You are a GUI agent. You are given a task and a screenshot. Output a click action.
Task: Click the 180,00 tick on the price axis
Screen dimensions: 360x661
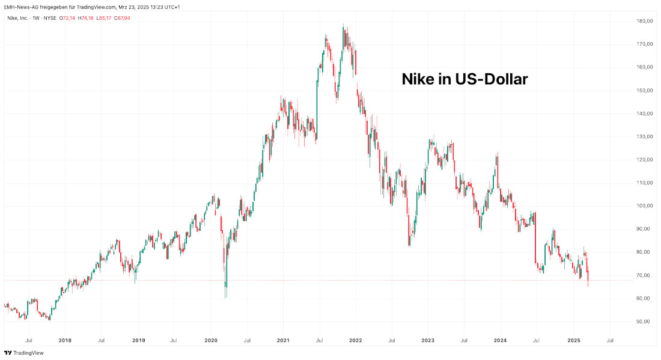(x=646, y=21)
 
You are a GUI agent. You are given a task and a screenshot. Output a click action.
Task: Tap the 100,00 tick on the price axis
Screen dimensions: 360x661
(x=646, y=206)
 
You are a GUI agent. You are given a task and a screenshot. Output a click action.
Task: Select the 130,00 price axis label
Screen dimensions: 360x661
(x=646, y=136)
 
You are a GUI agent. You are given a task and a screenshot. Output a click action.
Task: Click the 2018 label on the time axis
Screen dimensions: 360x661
(x=65, y=340)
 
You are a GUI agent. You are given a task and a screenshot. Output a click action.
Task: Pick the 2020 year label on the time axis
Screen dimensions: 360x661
(x=211, y=340)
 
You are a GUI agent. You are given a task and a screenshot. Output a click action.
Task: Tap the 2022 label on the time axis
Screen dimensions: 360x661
(x=356, y=340)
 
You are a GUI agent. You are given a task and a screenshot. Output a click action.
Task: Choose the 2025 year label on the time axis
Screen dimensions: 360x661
(x=574, y=340)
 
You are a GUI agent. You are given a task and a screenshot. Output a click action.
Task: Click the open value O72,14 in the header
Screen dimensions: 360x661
(x=67, y=18)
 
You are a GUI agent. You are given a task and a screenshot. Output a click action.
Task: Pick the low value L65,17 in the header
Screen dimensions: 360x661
(x=103, y=18)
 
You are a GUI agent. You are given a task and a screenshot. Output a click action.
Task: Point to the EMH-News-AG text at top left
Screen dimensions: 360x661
(x=20, y=7)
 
